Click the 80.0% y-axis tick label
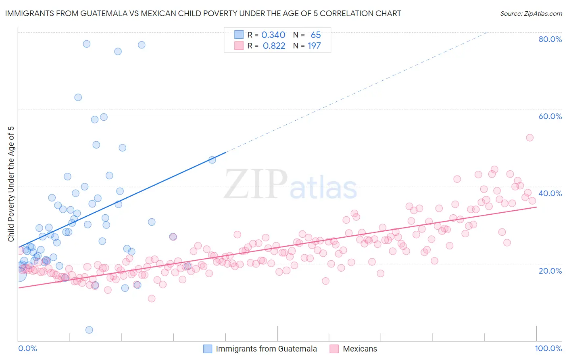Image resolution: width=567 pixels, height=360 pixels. (550, 39)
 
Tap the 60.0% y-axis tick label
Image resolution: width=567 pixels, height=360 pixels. (550, 116)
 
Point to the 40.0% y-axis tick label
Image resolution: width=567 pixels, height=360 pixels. (550, 193)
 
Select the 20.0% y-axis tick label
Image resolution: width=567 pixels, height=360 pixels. (550, 270)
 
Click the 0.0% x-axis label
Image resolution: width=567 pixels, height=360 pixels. (27, 348)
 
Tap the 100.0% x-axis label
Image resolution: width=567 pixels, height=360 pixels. (548, 348)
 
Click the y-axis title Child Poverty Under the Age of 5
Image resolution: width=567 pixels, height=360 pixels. (11, 184)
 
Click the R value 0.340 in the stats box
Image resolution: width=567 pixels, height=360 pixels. (273, 35)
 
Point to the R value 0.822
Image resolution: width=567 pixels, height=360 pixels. (274, 46)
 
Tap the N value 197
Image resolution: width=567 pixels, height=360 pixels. (314, 46)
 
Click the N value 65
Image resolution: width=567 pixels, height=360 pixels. (316, 35)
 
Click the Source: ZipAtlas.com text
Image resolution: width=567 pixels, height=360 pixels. (531, 13)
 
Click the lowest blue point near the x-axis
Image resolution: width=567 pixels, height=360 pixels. (89, 330)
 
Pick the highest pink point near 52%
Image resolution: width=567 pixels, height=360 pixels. (529, 138)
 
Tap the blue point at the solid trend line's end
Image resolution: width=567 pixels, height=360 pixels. (212, 160)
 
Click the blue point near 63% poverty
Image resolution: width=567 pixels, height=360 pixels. (78, 97)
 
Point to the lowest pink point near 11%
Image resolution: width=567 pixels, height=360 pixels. (152, 299)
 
